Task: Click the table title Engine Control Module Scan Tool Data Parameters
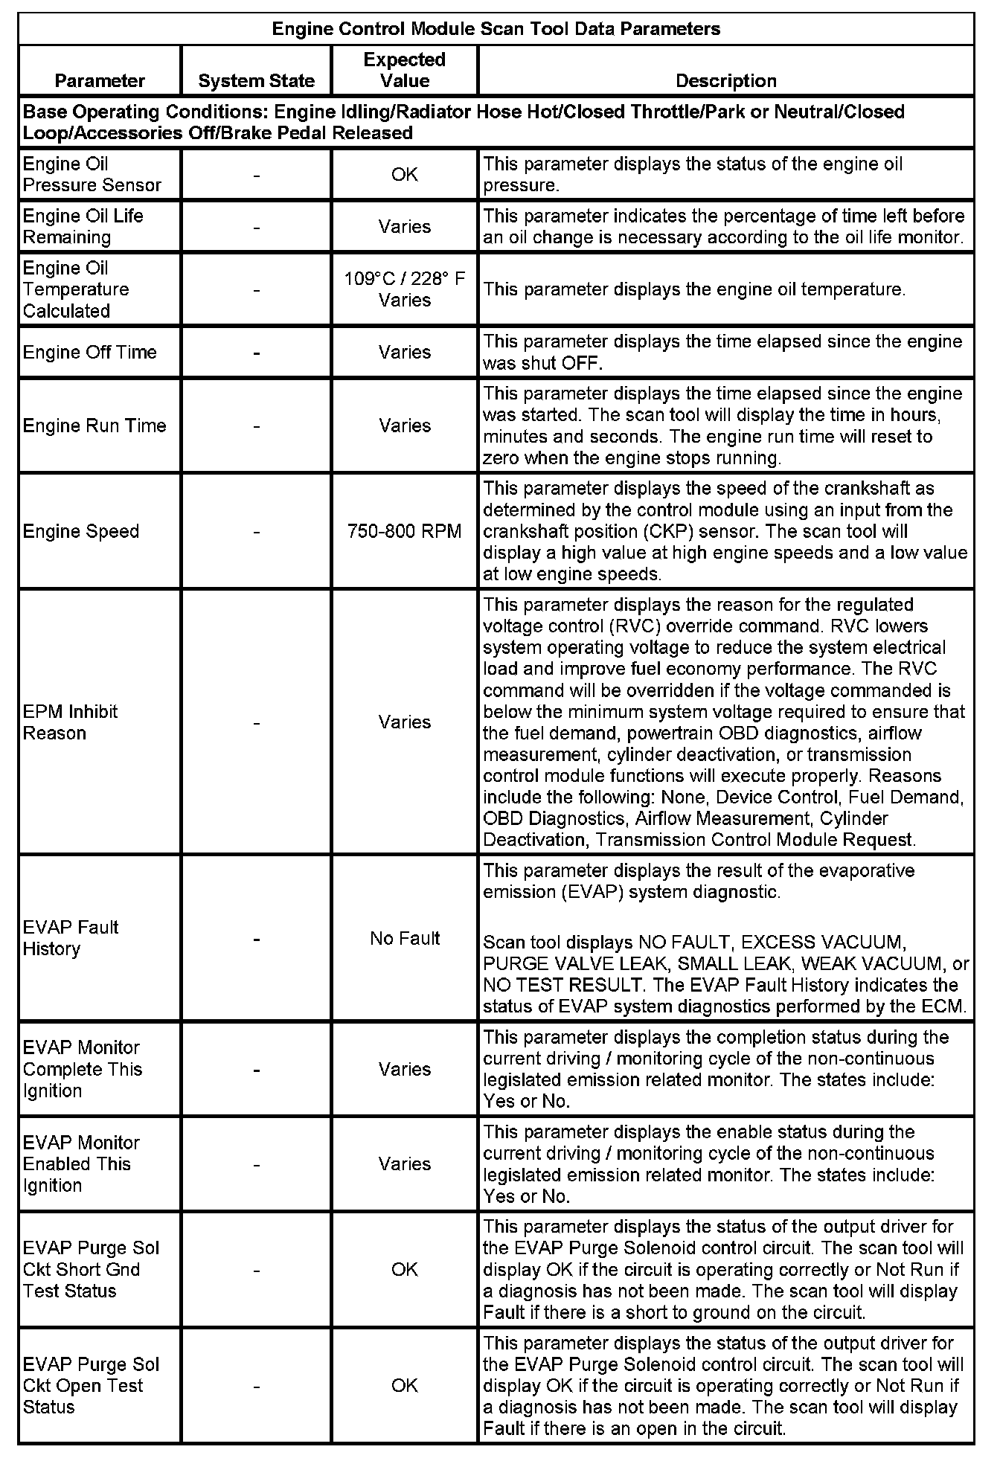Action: tap(496, 29)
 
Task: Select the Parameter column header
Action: tap(100, 80)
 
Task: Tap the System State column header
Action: tap(256, 80)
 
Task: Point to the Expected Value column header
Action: tap(404, 70)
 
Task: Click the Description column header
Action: tap(725, 80)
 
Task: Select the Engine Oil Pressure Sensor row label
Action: tap(92, 174)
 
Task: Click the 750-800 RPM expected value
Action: tap(404, 531)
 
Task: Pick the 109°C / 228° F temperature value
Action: tap(404, 279)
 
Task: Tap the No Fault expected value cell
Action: tap(405, 938)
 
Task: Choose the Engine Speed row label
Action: tap(81, 531)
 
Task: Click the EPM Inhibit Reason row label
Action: tap(70, 722)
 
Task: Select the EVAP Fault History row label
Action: tap(71, 938)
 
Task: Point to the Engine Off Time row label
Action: tap(89, 352)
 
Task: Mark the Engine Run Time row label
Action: tap(94, 426)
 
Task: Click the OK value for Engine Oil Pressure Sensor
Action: tap(404, 174)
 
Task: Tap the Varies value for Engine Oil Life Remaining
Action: tap(404, 226)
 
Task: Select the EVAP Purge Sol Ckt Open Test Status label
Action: tap(91, 1385)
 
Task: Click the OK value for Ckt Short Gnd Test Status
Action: tap(404, 1269)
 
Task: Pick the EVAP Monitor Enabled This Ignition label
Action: tap(81, 1163)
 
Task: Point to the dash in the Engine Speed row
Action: tap(256, 531)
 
